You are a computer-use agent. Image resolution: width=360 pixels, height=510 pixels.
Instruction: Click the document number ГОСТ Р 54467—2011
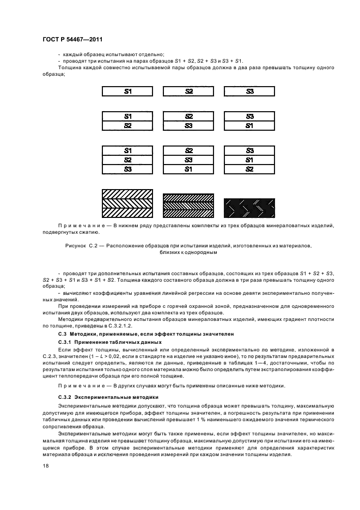72,40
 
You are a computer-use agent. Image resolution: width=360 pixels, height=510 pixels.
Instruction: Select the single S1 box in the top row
127,92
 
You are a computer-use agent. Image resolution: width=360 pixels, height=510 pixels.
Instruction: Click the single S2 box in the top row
188,92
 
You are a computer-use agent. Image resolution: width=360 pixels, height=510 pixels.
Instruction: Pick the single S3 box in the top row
249,92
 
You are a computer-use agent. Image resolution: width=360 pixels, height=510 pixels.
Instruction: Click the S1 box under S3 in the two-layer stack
249,125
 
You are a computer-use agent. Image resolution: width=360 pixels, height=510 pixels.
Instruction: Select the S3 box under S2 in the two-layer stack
188,125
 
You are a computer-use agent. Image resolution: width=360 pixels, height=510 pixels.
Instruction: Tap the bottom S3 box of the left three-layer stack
127,169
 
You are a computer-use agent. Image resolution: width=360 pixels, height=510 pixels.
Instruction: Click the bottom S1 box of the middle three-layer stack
188,169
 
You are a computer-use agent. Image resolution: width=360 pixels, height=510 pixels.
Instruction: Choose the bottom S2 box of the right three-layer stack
249,169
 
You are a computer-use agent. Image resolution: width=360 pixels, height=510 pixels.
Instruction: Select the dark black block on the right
249,208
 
